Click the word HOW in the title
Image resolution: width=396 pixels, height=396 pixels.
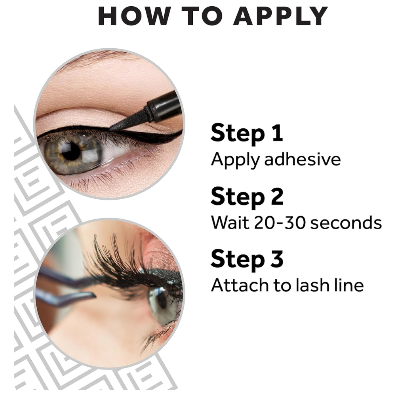pyautogui.click(x=133, y=16)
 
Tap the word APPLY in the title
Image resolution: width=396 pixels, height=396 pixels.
pyautogui.click(x=280, y=16)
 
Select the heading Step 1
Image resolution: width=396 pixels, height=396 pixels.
pyautogui.click(x=247, y=133)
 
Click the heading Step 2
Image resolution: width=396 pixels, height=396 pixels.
pyautogui.click(x=247, y=197)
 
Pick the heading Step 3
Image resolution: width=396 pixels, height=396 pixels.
pyautogui.click(x=247, y=260)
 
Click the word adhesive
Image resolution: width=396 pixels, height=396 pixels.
pyautogui.click(x=303, y=159)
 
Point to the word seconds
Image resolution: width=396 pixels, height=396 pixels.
pyautogui.click(x=346, y=223)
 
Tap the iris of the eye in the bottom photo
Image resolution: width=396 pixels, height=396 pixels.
pyautogui.click(x=162, y=304)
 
